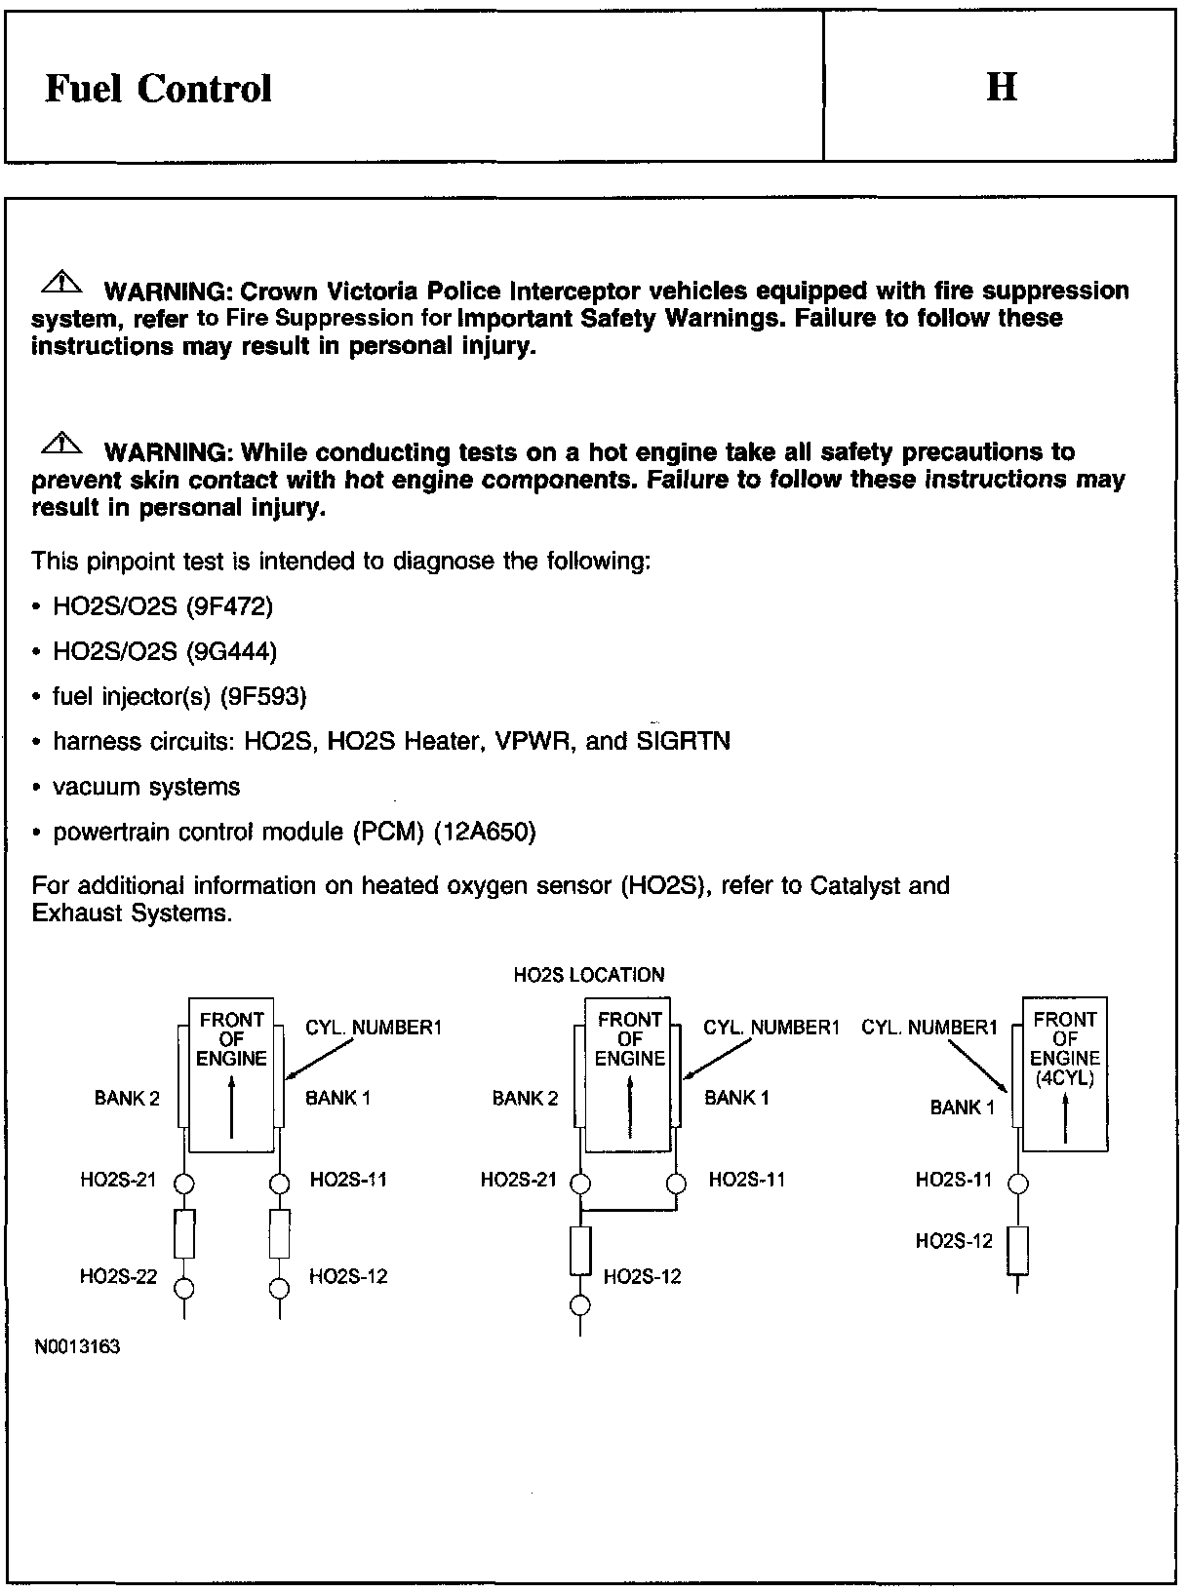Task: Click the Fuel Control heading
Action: (x=158, y=89)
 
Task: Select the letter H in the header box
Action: (x=1002, y=88)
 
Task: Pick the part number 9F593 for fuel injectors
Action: (x=263, y=697)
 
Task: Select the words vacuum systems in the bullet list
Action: (x=146, y=787)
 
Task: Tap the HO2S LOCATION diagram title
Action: (x=589, y=975)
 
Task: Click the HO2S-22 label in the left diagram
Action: (x=118, y=1277)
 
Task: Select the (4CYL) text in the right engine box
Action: (x=1064, y=1078)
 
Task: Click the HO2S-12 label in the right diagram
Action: (x=953, y=1241)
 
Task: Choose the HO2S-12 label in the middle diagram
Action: (x=642, y=1277)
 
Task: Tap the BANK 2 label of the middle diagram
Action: (x=525, y=1099)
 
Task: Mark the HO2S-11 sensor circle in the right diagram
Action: (x=1017, y=1185)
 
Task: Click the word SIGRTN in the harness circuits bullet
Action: (x=683, y=742)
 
